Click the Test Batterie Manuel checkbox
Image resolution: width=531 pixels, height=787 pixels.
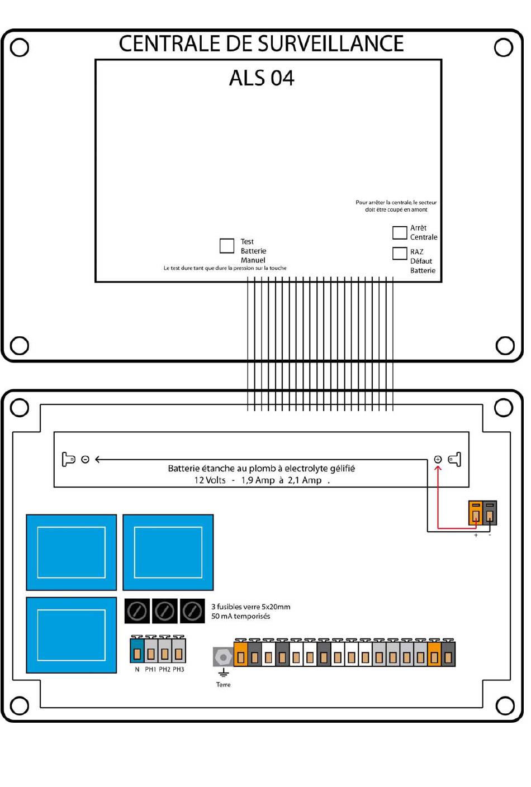(x=227, y=246)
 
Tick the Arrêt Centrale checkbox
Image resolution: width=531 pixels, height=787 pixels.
(x=400, y=232)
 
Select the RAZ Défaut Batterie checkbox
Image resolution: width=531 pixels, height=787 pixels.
(x=400, y=253)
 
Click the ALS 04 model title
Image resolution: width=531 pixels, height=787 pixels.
(x=262, y=78)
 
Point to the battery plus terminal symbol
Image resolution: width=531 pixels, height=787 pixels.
(x=438, y=459)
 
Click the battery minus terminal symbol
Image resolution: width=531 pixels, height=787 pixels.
(x=85, y=459)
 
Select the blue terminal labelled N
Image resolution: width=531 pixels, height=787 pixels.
(x=137, y=652)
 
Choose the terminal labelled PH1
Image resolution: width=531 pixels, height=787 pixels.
(x=151, y=652)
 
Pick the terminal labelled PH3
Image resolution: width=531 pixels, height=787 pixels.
(x=178, y=652)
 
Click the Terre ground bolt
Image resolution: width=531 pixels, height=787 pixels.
(x=223, y=657)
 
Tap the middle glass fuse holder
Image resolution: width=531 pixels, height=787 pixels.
(x=165, y=611)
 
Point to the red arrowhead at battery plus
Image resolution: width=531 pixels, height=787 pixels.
(x=438, y=468)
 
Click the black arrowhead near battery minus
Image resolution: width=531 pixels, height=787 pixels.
(x=98, y=459)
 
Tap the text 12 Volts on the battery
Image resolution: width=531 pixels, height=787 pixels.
(x=210, y=480)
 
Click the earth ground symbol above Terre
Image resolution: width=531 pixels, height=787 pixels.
(x=223, y=672)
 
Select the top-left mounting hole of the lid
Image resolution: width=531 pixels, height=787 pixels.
(x=20, y=47)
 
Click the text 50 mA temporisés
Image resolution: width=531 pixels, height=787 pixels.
(x=240, y=616)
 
